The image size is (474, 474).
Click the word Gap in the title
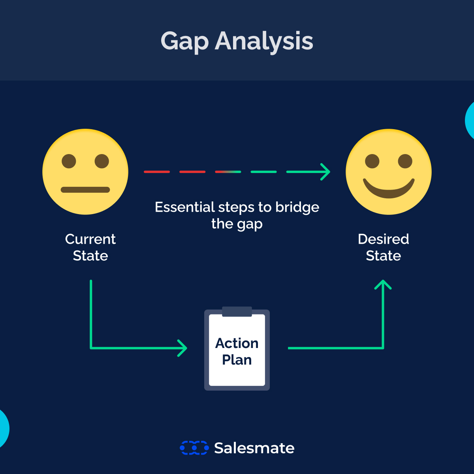click(184, 41)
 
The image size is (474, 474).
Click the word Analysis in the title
click(264, 41)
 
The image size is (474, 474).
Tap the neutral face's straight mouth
click(85, 190)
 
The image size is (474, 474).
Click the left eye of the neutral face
click(69, 161)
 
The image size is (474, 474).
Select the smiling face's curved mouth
click(389, 190)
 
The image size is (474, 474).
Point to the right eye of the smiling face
click(405, 161)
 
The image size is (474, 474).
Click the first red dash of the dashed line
click(157, 172)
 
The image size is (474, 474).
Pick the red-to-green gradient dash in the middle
click(228, 172)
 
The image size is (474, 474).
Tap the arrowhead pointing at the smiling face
click(325, 172)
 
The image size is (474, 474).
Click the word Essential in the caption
click(184, 207)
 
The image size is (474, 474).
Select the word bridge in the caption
click(297, 207)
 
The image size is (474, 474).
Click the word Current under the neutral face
click(90, 239)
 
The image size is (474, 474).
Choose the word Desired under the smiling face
click(383, 239)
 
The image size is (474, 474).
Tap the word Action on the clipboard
click(237, 343)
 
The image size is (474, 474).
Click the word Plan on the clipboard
click(237, 360)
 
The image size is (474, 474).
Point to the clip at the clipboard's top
click(237, 312)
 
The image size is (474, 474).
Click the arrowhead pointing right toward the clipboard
click(182, 348)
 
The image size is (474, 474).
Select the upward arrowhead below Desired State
click(383, 284)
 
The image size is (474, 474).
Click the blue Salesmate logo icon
click(194, 448)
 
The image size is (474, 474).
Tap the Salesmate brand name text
click(254, 448)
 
